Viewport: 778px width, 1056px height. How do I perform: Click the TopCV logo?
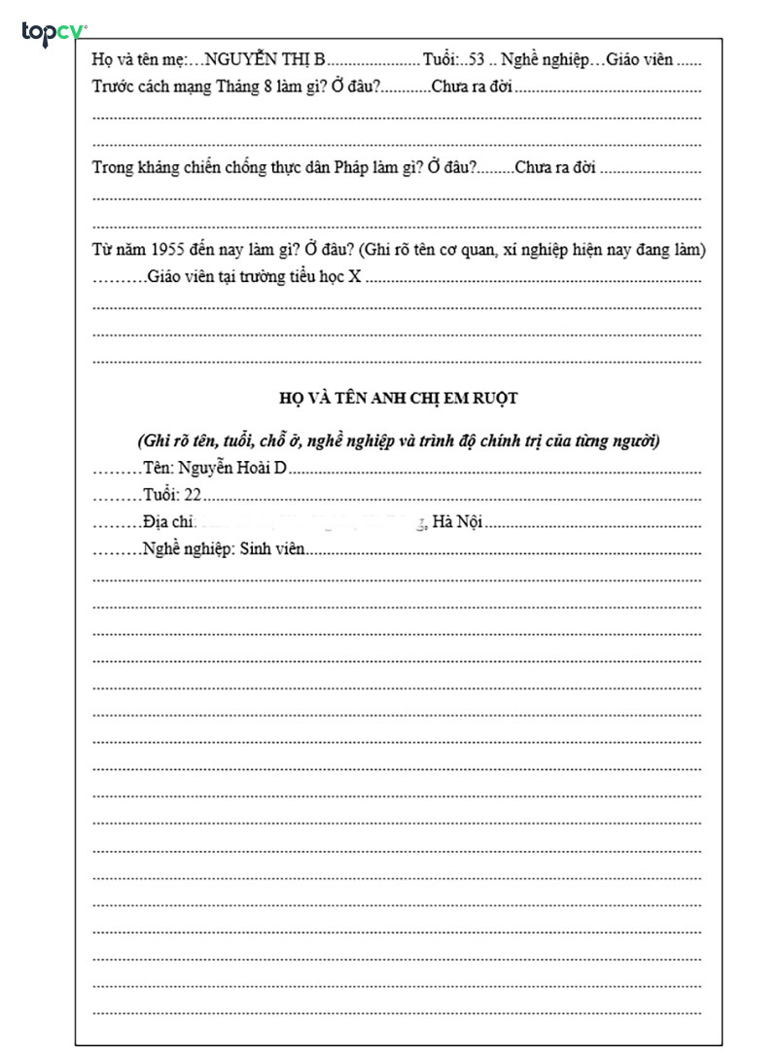click(x=53, y=33)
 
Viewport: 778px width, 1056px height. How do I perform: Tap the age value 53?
click(x=477, y=60)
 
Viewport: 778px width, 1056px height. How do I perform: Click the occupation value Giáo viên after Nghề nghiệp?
click(x=639, y=60)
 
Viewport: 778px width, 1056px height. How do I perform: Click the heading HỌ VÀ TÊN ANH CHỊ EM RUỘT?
click(x=398, y=398)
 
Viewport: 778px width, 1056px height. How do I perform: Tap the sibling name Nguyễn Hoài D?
click(x=233, y=469)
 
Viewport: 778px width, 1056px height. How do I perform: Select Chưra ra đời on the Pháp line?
click(x=553, y=168)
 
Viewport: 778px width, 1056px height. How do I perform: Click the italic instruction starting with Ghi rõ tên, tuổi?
click(x=398, y=440)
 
